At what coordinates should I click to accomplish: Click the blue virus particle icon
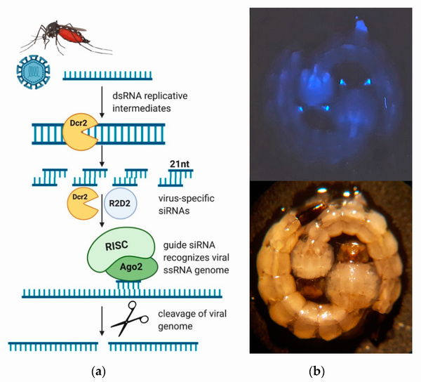(x=33, y=72)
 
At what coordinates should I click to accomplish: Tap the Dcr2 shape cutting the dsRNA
(x=80, y=132)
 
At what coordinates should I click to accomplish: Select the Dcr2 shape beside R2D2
(x=82, y=204)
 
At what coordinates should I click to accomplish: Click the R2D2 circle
(x=120, y=204)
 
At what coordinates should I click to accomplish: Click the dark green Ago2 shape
(x=132, y=268)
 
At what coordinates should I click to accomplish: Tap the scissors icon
(x=130, y=318)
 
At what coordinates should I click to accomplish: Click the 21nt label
(x=180, y=164)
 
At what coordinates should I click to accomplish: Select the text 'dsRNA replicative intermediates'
(x=150, y=102)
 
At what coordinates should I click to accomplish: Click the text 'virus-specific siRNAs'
(x=187, y=204)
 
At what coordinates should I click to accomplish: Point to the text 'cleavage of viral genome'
(x=192, y=320)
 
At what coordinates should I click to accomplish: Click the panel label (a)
(x=98, y=372)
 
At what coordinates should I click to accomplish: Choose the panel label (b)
(x=317, y=372)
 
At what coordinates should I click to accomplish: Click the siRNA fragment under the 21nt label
(x=175, y=178)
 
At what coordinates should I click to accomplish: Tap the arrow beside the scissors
(x=102, y=321)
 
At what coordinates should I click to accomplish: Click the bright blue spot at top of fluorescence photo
(x=361, y=25)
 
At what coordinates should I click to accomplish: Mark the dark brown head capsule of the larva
(x=312, y=213)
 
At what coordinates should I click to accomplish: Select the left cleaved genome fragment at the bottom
(x=53, y=347)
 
